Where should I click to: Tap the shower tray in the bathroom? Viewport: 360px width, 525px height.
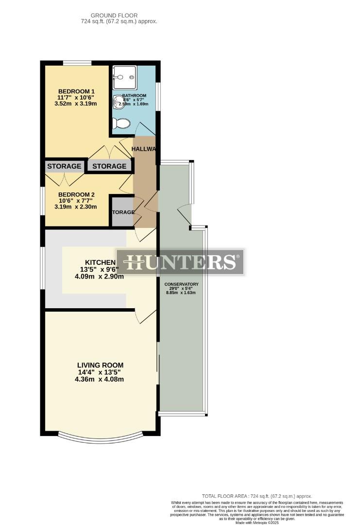[x=124, y=78]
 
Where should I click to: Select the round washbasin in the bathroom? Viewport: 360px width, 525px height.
[x=118, y=101]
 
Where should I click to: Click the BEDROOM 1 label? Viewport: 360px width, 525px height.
[x=76, y=91]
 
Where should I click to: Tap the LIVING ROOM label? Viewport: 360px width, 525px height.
[x=100, y=365]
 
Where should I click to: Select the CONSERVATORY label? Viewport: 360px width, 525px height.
[x=181, y=284]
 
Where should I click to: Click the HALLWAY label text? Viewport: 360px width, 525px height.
[x=143, y=149]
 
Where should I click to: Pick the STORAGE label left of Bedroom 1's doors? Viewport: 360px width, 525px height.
[x=64, y=166]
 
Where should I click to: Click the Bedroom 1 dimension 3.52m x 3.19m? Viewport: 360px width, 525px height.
[x=77, y=104]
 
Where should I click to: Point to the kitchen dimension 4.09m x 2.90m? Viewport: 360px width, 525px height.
[x=99, y=277]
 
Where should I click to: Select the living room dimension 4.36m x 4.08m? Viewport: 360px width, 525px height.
[x=99, y=380]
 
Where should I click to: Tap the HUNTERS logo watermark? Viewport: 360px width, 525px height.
[x=180, y=262]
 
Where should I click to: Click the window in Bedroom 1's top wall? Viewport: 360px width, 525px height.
[x=77, y=62]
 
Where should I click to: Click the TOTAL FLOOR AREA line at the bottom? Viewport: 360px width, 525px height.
[x=257, y=496]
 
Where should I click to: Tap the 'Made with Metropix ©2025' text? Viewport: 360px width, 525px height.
[x=257, y=523]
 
